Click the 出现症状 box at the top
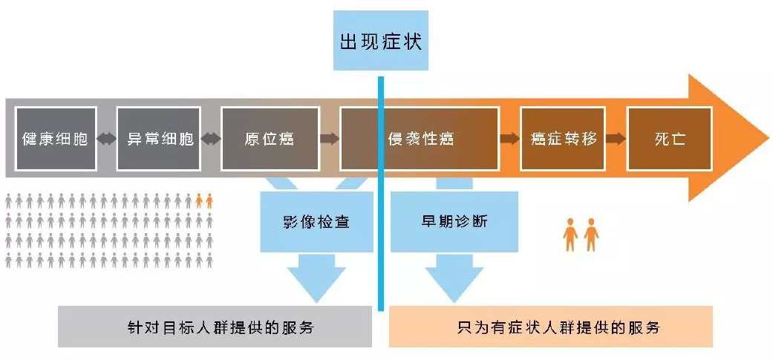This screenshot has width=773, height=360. (x=380, y=40)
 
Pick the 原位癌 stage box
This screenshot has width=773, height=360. (x=270, y=138)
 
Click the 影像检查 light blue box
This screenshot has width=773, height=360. (x=316, y=221)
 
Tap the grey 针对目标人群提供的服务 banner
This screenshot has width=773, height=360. (x=215, y=327)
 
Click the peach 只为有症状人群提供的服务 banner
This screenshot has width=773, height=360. (x=550, y=327)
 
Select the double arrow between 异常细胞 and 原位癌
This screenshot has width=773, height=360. (x=211, y=138)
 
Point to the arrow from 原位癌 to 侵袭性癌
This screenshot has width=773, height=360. (x=329, y=138)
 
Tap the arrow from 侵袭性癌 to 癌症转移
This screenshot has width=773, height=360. (x=509, y=138)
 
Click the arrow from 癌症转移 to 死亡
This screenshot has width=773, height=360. (x=614, y=138)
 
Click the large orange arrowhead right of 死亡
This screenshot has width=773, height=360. (x=731, y=138)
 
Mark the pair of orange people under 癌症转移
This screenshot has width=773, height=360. (x=581, y=234)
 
